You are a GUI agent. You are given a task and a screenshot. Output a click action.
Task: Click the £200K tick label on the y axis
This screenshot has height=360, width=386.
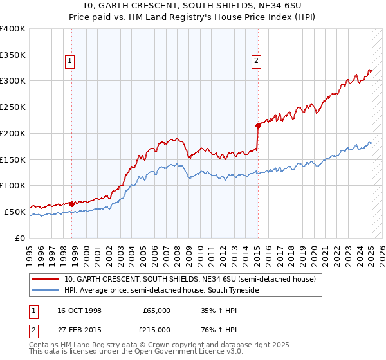[x=13, y=133]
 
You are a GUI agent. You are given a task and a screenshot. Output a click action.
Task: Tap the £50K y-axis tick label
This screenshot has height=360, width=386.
[x=15, y=212]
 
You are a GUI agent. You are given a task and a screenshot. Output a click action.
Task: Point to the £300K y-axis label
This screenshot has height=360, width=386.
[x=13, y=81]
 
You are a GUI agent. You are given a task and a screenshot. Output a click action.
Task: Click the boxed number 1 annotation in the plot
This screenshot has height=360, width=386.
[x=69, y=61]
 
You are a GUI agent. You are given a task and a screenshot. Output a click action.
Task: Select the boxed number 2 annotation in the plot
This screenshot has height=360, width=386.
[x=256, y=61]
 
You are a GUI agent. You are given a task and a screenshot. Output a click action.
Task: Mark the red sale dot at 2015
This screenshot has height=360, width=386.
[x=258, y=125]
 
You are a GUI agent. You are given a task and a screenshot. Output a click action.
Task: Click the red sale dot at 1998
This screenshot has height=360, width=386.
[x=71, y=204]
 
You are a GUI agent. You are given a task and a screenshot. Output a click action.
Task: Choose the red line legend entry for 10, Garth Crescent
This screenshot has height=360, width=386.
[x=190, y=280]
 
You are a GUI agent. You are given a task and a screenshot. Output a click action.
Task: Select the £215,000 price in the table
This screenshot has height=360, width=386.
[x=156, y=328]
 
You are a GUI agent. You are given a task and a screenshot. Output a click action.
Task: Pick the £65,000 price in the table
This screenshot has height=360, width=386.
[x=156, y=310]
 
